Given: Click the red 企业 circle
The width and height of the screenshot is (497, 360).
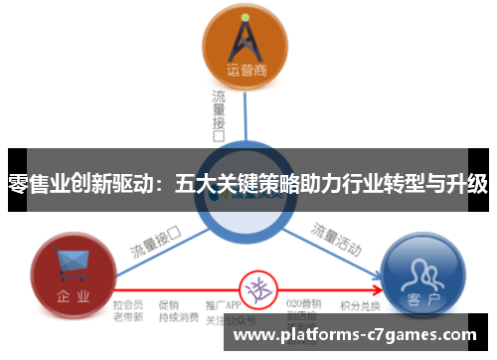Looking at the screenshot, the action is tap(70, 270).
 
